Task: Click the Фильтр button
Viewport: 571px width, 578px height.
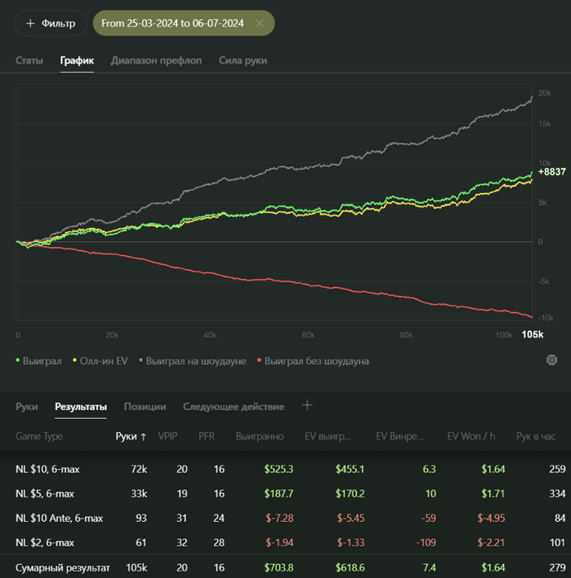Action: point(50,23)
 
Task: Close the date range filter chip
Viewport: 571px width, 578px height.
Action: point(259,23)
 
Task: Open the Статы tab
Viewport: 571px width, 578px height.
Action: point(30,60)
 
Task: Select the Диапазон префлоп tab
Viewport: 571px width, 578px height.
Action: point(156,60)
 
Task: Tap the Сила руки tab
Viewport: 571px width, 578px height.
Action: point(243,60)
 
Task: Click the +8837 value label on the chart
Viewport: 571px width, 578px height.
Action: point(551,172)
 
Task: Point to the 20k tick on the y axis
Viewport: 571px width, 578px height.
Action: point(544,93)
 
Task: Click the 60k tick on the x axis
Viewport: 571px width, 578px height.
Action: point(308,334)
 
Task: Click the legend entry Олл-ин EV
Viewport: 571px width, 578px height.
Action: point(101,361)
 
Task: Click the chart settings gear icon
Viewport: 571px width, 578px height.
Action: point(552,360)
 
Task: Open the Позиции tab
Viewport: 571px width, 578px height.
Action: point(145,406)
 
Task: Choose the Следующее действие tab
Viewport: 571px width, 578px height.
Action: point(234,406)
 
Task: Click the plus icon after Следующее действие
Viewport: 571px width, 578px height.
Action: point(307,405)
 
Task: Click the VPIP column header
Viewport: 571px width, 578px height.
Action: point(167,436)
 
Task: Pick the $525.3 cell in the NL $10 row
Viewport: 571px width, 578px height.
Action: point(279,469)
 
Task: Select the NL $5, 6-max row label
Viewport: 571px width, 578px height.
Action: point(45,494)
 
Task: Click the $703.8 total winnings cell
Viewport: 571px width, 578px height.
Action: point(279,568)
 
